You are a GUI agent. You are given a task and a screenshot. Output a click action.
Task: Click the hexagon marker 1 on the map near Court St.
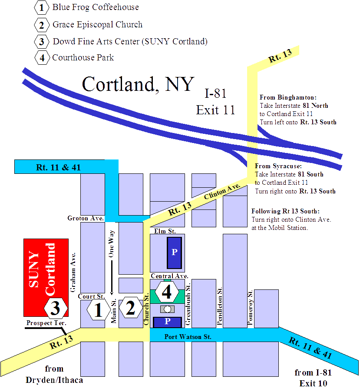click(98, 310)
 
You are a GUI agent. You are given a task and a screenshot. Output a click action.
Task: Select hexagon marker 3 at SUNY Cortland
click(56, 308)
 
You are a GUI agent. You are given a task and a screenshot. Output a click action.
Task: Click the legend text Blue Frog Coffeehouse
click(96, 7)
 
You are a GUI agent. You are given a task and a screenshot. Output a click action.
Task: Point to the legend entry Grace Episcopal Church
click(97, 25)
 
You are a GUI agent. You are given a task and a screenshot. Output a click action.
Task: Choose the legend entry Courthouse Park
click(83, 58)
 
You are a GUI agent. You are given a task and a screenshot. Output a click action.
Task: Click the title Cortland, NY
click(138, 84)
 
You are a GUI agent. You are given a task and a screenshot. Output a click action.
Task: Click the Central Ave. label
click(169, 276)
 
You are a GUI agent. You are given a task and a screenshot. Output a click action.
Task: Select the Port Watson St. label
click(188, 337)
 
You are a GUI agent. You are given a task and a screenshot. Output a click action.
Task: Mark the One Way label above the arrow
click(112, 244)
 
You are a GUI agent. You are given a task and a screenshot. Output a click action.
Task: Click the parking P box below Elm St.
click(175, 252)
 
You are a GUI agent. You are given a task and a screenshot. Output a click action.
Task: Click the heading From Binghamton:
click(288, 97)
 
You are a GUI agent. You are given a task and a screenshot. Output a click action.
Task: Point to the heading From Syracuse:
click(278, 166)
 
